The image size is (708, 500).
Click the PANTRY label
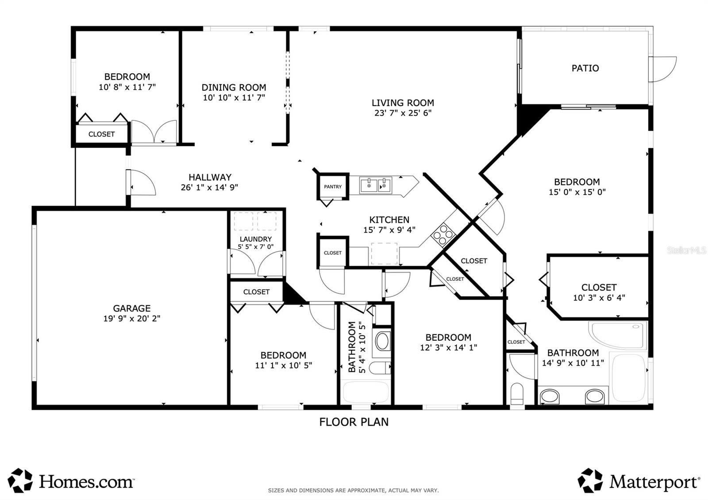point(333,187)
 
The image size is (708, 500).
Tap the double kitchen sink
point(376,185)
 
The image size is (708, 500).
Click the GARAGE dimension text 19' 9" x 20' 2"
point(132,319)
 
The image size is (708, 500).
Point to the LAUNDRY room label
point(256,239)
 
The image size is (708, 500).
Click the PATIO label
point(585,68)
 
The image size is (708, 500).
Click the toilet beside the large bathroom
point(517,393)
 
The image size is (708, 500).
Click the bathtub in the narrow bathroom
point(366,392)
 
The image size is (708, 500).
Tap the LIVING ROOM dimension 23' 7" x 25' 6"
point(403,113)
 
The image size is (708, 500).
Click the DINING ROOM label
point(234,88)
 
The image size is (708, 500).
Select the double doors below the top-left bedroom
point(154,132)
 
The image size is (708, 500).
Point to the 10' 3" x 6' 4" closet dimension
point(599,298)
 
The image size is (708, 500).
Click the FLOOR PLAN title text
point(354,422)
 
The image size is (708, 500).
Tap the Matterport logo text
point(654,482)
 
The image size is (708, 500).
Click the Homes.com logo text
point(86,481)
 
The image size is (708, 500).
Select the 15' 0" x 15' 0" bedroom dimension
point(577,192)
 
